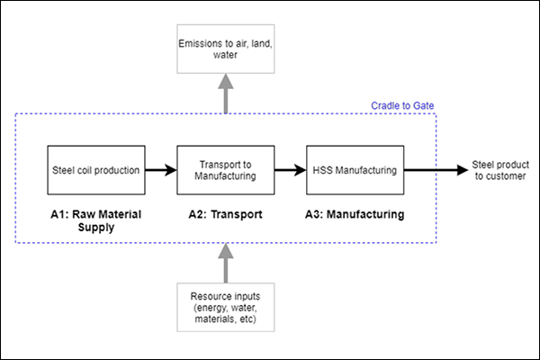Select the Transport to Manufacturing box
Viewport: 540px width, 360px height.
[x=224, y=168]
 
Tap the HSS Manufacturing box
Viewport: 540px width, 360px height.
[x=355, y=168]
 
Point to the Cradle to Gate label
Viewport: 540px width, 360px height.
[x=402, y=105]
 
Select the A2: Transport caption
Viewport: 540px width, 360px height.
[x=224, y=215]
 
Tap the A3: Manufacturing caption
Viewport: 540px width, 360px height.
[x=355, y=215]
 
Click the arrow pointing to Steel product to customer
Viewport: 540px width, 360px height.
[x=432, y=168]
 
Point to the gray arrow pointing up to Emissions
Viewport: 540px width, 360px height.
[x=224, y=94]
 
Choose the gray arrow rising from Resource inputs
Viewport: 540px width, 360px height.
[x=224, y=261]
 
